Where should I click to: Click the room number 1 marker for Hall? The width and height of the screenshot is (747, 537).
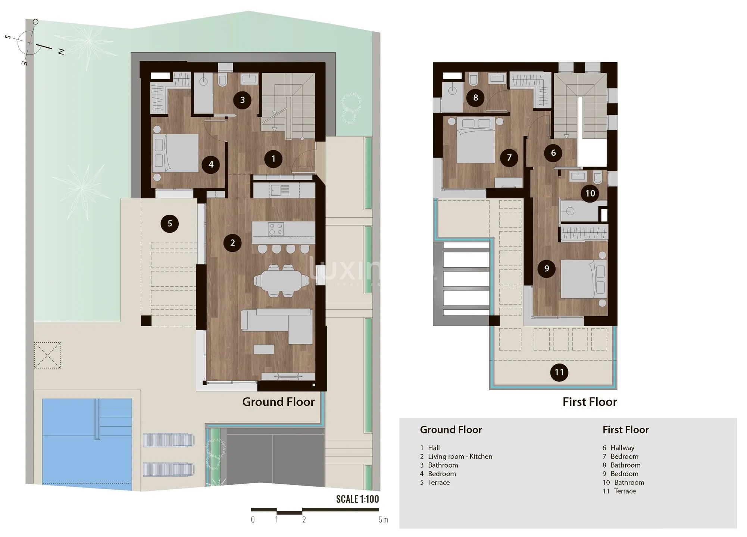[x=273, y=158]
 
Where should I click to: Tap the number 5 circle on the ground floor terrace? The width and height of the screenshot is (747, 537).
[x=169, y=223]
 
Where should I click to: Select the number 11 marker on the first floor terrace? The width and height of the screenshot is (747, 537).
[x=559, y=372]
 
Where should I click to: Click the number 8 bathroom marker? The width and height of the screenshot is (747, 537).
[x=475, y=98]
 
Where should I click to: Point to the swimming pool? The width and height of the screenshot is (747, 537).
[x=87, y=445]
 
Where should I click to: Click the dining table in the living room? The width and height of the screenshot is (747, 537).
[x=281, y=280]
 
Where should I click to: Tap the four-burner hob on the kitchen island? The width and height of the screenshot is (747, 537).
[x=276, y=229]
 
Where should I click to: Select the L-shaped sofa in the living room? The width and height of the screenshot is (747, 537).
[x=277, y=326]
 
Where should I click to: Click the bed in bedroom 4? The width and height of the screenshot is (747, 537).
[x=175, y=153]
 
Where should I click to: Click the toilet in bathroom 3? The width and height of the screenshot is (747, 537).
[x=222, y=81]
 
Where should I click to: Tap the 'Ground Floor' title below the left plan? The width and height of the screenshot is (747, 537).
[x=278, y=402]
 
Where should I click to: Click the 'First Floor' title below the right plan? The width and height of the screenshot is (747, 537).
[x=590, y=402]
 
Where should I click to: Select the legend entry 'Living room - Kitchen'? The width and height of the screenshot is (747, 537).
[x=460, y=456]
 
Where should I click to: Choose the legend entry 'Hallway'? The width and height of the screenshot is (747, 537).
[x=622, y=448]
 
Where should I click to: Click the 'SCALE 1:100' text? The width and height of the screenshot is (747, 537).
[x=357, y=499]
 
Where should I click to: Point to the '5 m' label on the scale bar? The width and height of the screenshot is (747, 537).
[x=383, y=520]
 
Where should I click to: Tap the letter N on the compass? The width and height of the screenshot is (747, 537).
[x=61, y=52]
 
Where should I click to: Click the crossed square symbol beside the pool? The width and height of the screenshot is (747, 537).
[x=47, y=355]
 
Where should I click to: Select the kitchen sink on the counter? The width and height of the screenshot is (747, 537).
[x=275, y=191]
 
